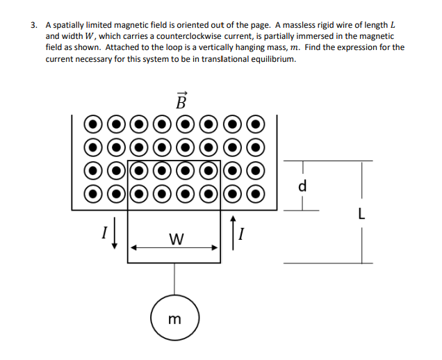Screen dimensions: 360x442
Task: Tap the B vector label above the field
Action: [181, 101]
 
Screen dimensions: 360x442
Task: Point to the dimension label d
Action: [302, 187]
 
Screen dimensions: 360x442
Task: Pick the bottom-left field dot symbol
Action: [93, 193]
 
